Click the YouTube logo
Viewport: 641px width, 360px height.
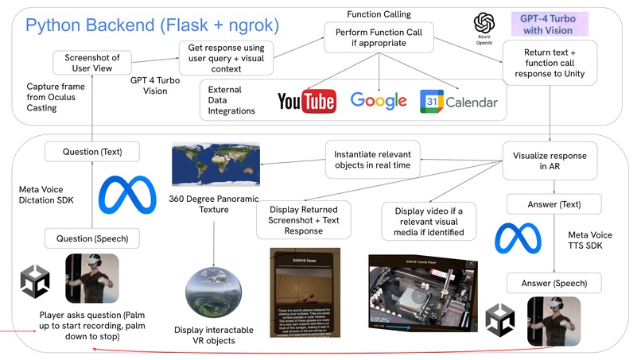click(306, 102)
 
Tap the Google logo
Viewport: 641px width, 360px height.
click(379, 101)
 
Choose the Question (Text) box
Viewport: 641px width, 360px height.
click(92, 151)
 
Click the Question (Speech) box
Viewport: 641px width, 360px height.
click(91, 238)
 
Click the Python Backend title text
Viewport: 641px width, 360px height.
click(152, 25)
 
